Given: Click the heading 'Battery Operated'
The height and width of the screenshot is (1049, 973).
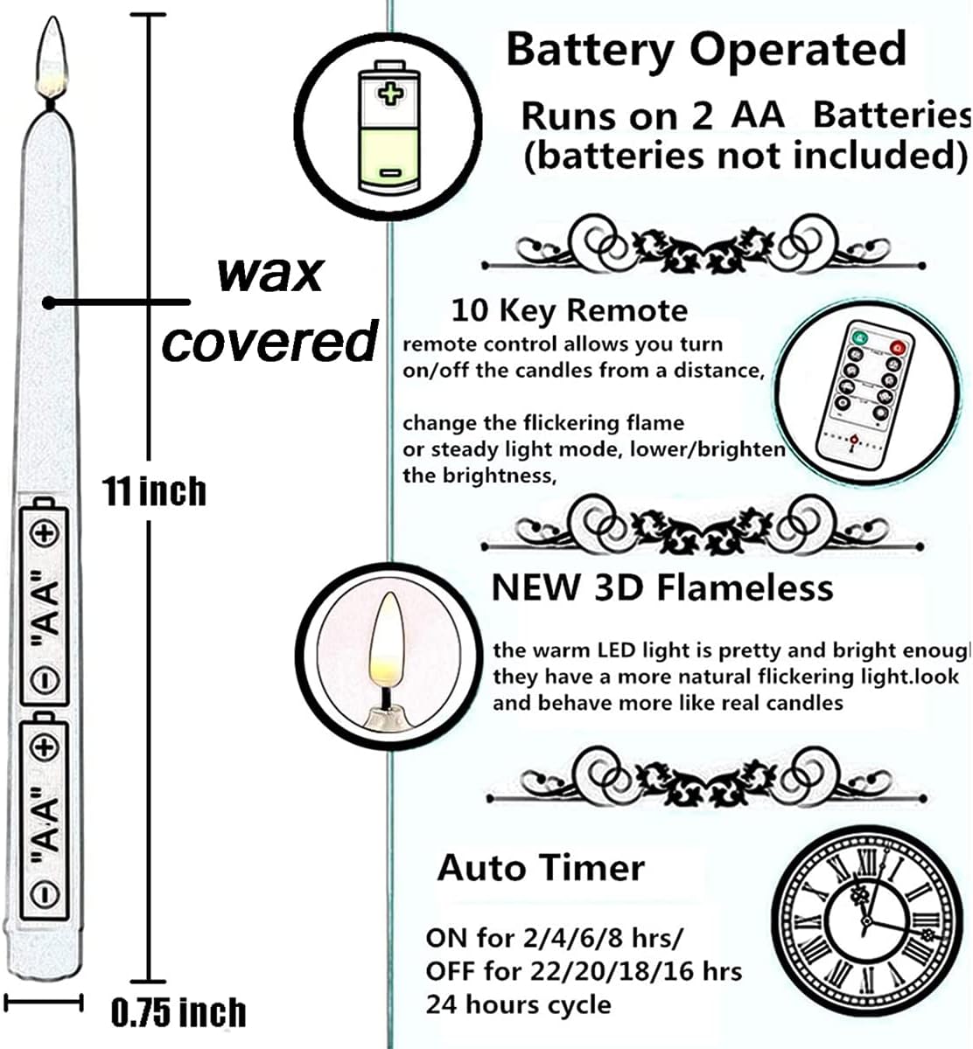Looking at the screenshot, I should tap(705, 49).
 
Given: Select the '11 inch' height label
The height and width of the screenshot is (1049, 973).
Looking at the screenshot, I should tap(154, 491).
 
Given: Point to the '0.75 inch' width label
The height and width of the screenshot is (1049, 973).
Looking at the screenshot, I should tap(178, 1012).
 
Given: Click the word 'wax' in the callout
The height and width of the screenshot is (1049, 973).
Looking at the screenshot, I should tap(269, 273).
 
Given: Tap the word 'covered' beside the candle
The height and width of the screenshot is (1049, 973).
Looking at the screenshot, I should tap(269, 341).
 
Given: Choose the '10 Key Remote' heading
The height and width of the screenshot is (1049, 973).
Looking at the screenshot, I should tap(569, 310).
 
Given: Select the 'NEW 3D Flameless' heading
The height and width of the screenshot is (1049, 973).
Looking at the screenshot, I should tap(662, 587).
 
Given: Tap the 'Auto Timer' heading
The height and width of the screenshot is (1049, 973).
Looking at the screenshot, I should tap(541, 868).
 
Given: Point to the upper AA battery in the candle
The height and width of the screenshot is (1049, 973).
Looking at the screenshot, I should tap(45, 603).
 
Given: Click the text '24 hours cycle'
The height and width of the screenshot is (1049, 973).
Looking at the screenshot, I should tap(518, 1004).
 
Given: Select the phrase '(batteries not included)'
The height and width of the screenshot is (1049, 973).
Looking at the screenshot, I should tap(745, 156).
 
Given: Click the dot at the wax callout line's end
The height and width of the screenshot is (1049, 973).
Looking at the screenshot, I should tap(50, 302).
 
